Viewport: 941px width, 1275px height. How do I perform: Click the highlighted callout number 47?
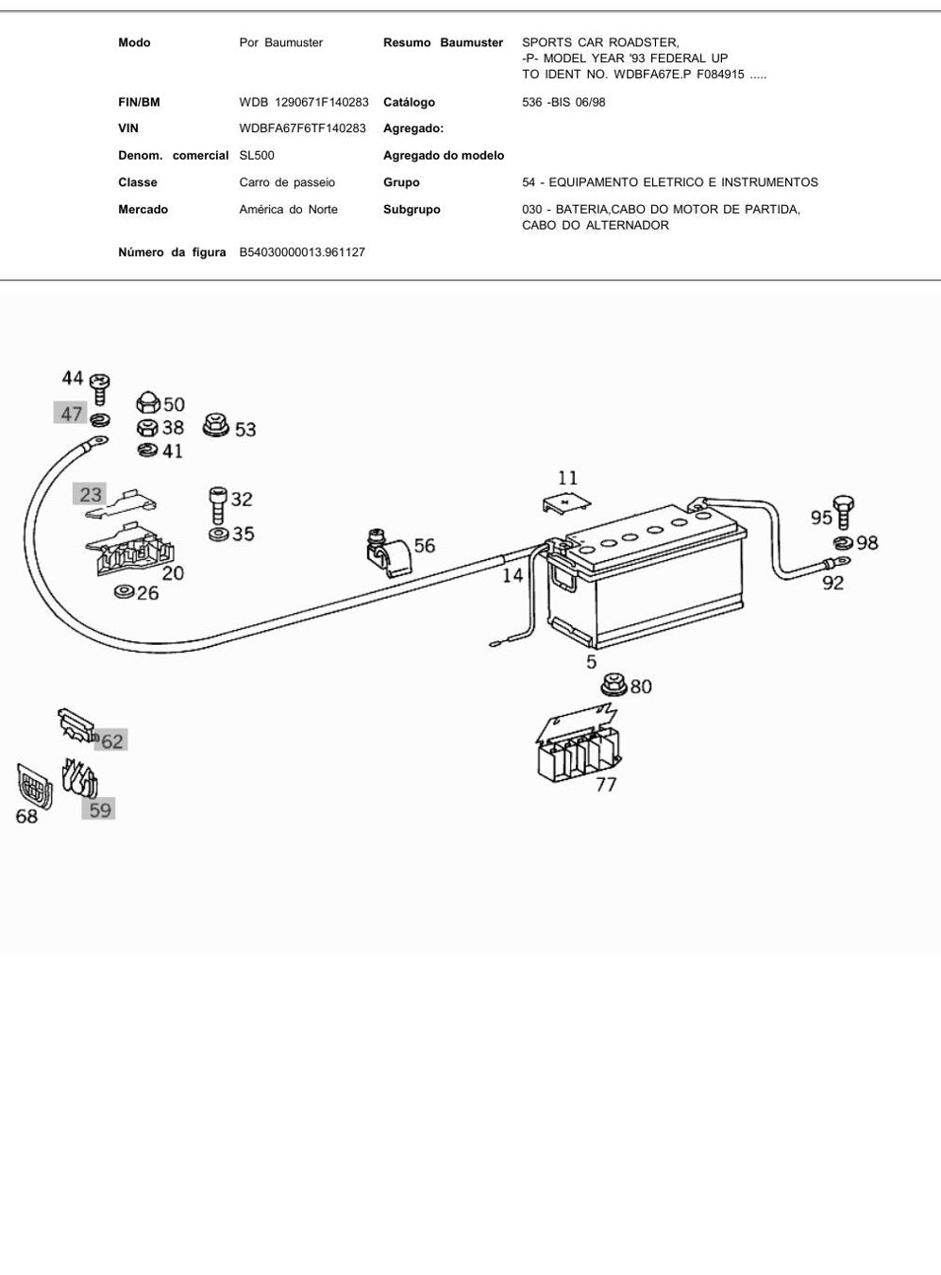coord(71,414)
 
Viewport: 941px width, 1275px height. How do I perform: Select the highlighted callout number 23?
coord(91,494)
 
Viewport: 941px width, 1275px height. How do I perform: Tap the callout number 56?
coord(425,545)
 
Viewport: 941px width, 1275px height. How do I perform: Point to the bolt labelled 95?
coord(843,511)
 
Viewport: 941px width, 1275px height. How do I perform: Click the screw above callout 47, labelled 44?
coord(100,388)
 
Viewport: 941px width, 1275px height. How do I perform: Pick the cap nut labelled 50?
coord(147,403)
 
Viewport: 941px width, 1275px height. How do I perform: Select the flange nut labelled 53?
coord(216,426)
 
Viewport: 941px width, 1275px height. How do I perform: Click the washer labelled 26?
coord(124,591)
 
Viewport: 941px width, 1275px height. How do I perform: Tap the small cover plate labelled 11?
coord(566,503)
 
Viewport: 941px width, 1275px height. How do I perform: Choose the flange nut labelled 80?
coord(614,685)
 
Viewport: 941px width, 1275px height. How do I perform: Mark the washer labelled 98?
coord(844,541)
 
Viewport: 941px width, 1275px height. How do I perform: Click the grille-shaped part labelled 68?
coord(35,786)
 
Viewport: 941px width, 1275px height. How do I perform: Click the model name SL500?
coord(257,155)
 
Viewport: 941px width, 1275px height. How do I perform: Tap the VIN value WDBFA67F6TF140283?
coord(302,128)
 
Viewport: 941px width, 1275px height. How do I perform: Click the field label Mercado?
coord(143,210)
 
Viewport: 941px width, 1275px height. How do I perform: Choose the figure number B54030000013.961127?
coord(302,252)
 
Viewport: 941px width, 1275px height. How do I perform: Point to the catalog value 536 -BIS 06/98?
coord(563,102)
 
